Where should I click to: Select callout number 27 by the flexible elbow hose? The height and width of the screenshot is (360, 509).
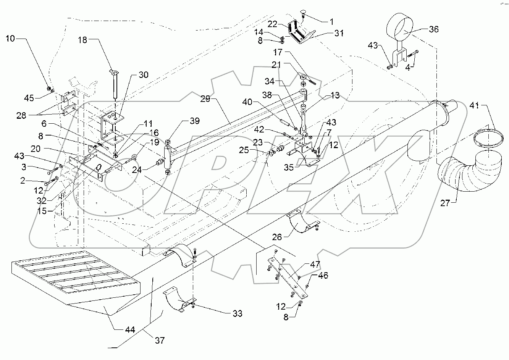pos(445,203)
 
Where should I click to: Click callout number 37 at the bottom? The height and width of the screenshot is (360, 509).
pos(160,340)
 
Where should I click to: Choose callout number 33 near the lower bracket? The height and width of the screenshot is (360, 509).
pos(238,314)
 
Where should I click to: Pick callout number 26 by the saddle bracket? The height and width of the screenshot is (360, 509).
pos(277,237)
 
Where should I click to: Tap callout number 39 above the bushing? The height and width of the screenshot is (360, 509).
pos(194,121)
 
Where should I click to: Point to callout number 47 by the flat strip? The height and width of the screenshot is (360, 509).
pos(315,264)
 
